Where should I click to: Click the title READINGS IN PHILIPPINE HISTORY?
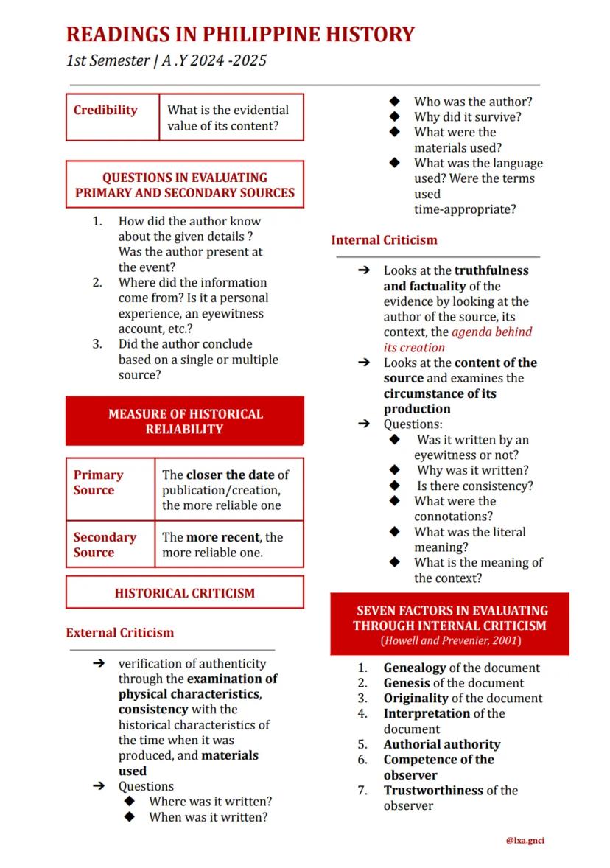coord(240,34)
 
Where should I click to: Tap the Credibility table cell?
coord(105,111)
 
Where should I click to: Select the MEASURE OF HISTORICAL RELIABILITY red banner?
coord(184,421)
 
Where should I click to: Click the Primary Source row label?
coord(98,483)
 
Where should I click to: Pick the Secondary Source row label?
coord(105,545)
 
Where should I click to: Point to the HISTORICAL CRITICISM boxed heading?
coord(184,593)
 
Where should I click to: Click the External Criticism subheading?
coord(120,632)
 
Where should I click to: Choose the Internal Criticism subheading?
coord(384,240)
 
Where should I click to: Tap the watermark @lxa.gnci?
coord(525,840)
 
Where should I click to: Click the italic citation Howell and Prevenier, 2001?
coord(450,641)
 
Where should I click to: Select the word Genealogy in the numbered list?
coord(415,668)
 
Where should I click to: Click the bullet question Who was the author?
coord(472,102)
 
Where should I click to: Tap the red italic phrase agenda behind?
coord(491,332)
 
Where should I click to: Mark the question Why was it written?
coord(472,470)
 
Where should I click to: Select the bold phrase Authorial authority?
coord(441,744)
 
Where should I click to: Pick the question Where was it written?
coord(210,802)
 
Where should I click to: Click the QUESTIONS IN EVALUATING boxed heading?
coord(184,178)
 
